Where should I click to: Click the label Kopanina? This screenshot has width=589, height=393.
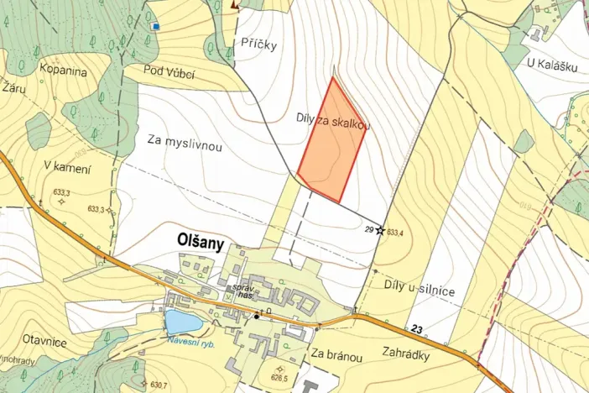(62, 71)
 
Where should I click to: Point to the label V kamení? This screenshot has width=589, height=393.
(66, 167)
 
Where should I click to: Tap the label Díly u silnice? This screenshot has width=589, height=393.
(419, 291)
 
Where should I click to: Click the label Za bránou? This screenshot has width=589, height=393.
(336, 356)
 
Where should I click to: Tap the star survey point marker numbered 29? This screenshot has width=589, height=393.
(380, 229)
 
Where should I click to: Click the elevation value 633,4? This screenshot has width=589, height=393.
(396, 230)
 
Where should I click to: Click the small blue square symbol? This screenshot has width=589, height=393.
(155, 26)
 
